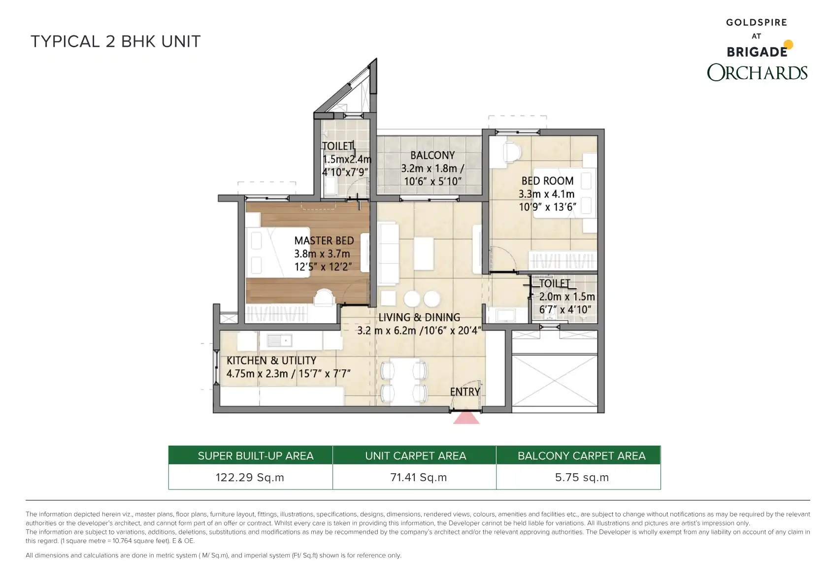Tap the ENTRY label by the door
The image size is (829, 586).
point(465,391)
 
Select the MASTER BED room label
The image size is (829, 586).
point(324,240)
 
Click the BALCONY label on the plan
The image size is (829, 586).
point(432,155)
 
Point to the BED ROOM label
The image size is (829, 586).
point(547,181)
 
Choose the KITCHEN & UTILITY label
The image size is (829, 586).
point(271,360)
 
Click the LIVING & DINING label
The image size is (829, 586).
point(419,317)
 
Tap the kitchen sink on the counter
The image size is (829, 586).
point(279,340)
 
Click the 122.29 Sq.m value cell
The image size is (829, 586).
point(250,477)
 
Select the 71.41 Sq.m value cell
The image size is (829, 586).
point(418,477)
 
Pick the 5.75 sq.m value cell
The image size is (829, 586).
point(582,477)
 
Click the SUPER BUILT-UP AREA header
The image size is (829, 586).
point(255,456)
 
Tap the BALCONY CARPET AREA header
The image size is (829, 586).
point(581,456)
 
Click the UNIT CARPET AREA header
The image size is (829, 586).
point(416,456)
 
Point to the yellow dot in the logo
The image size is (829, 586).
point(788,44)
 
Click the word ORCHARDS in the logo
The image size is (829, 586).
point(757,72)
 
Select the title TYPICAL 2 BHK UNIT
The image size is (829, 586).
point(115,41)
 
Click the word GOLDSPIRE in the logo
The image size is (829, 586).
point(757,22)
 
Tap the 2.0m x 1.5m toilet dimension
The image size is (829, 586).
point(567,296)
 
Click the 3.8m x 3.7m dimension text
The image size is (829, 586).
point(322,254)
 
